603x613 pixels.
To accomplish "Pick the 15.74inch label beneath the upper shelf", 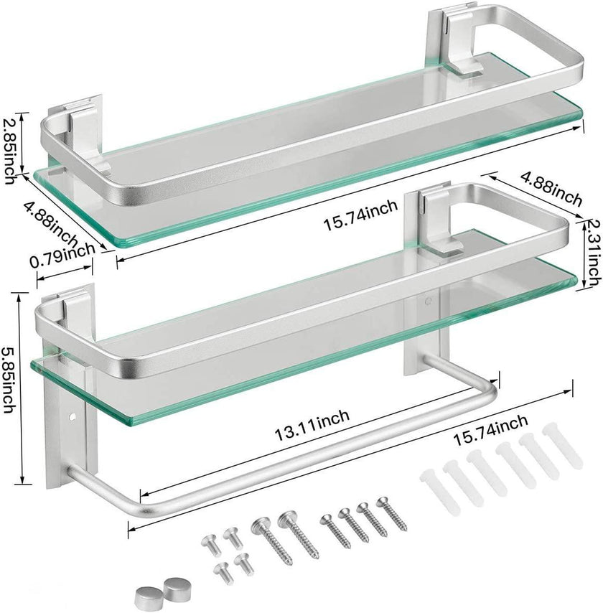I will pyautogui.click(x=360, y=210).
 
